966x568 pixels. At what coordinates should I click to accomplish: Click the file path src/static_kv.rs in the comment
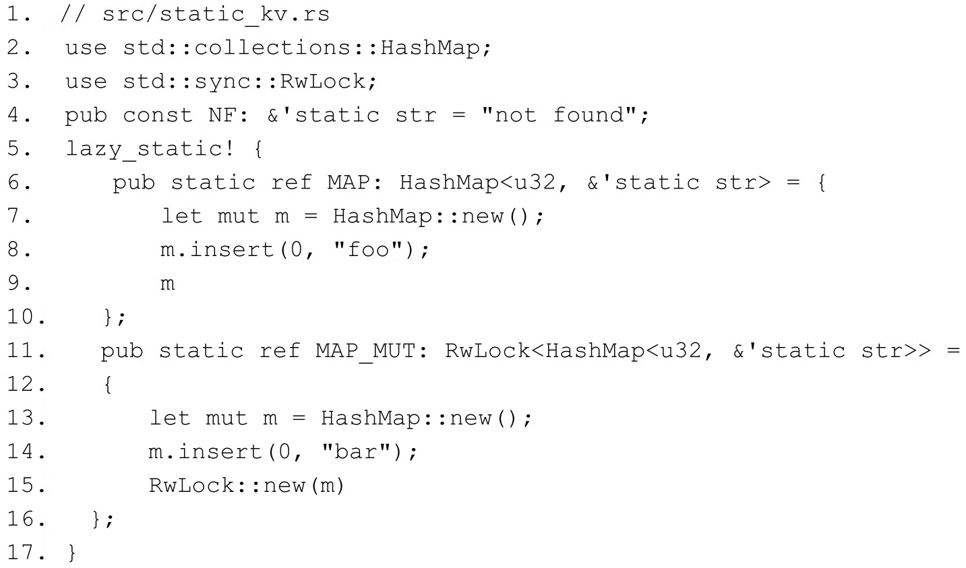click(x=216, y=14)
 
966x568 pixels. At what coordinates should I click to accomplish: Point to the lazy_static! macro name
click(x=150, y=149)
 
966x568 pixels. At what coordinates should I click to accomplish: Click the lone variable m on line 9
click(x=168, y=284)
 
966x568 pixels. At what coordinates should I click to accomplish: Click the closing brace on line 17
click(x=72, y=553)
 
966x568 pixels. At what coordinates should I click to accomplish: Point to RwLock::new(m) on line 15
click(x=246, y=485)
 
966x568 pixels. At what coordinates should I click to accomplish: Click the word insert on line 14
click(x=218, y=451)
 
